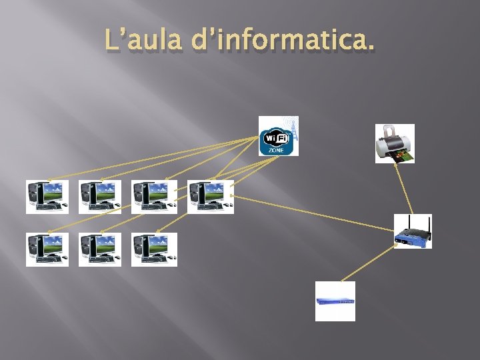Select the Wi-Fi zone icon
coord(278,136)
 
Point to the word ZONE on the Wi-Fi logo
coord(275,150)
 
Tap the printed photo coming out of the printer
coord(404,157)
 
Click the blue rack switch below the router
coord(335,301)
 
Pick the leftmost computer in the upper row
coord(47,197)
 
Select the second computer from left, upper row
coord(100,197)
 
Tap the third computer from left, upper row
coord(154,197)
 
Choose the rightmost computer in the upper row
coord(210,197)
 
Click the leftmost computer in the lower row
coord(47,249)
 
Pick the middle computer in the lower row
coord(100,249)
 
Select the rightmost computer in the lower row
coord(154,249)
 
